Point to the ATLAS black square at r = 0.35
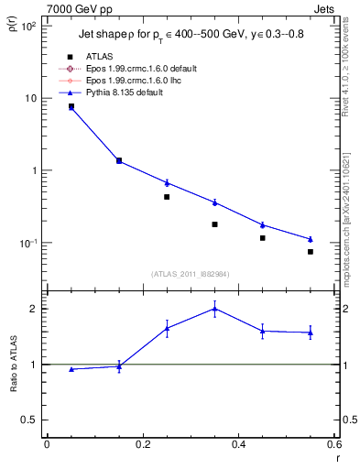pyautogui.click(x=214, y=224)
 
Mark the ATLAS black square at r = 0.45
pyautogui.click(x=263, y=238)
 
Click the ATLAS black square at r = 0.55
pyautogui.click(x=311, y=252)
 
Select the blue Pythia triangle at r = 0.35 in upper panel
pyautogui.click(x=214, y=202)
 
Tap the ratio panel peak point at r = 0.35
pyautogui.click(x=214, y=309)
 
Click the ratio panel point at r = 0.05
pyautogui.click(x=71, y=369)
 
